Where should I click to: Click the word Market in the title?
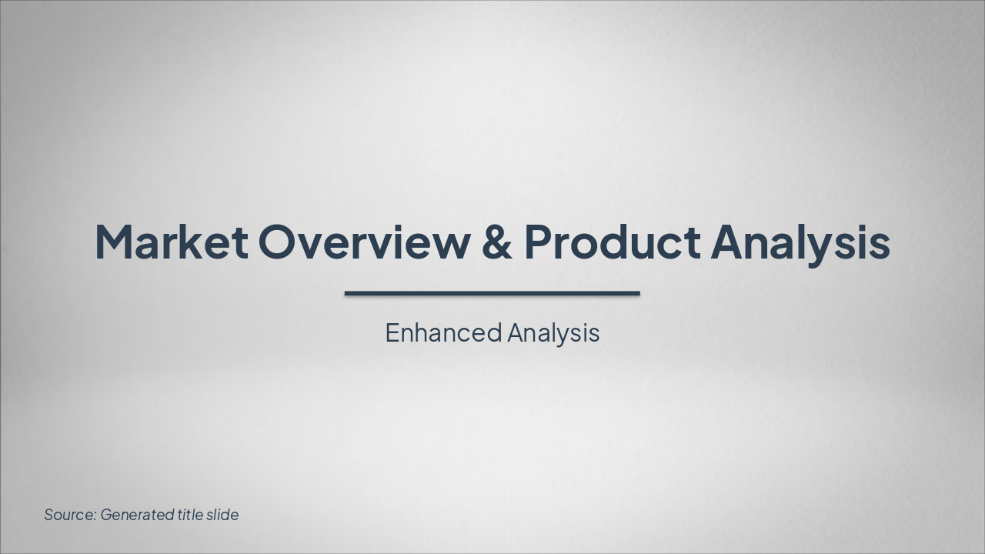(x=172, y=242)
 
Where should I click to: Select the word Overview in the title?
(x=363, y=242)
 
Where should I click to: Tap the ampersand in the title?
(x=496, y=242)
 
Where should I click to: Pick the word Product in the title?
(x=612, y=242)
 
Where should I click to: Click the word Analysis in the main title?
(x=800, y=242)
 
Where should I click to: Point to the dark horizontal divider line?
(x=492, y=293)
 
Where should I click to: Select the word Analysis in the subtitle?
(x=553, y=333)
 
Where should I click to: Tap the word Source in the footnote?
(x=69, y=515)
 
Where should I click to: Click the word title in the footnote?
(x=190, y=515)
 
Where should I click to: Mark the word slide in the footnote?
(x=223, y=515)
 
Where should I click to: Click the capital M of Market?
(x=114, y=242)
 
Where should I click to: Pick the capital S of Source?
(x=49, y=515)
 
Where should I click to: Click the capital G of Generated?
(x=107, y=515)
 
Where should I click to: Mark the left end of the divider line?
(x=347, y=293)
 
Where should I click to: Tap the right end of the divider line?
(x=638, y=293)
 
